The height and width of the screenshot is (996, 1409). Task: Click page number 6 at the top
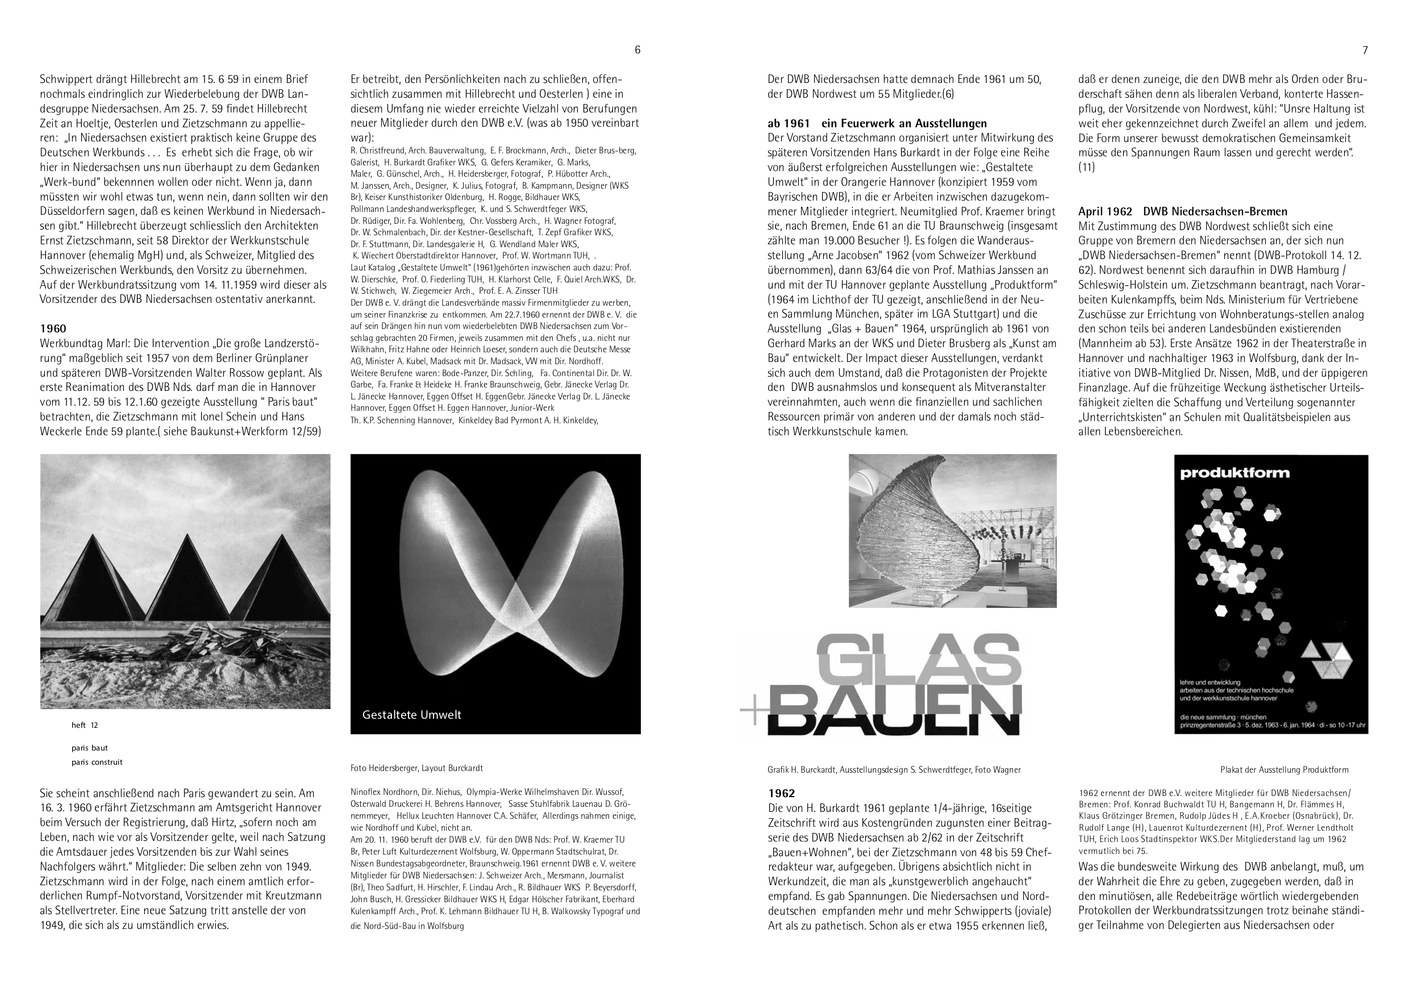(637, 51)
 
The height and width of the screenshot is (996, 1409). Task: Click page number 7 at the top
(1365, 51)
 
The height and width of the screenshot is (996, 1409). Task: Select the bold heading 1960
(53, 328)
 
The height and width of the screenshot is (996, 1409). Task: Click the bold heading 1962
(781, 793)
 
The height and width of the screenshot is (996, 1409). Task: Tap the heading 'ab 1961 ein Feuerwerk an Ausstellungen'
(877, 123)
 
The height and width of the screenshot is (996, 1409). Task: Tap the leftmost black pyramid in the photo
(92, 577)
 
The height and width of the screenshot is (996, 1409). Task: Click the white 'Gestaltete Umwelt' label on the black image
(412, 714)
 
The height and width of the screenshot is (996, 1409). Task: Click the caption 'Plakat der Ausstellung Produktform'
(1284, 769)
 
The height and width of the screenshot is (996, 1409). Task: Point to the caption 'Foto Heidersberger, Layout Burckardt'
(416, 768)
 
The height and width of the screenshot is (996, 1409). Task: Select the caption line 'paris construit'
(97, 762)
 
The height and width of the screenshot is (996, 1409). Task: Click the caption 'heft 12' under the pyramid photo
(85, 726)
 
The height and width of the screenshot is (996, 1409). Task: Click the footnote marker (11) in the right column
(1086, 167)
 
